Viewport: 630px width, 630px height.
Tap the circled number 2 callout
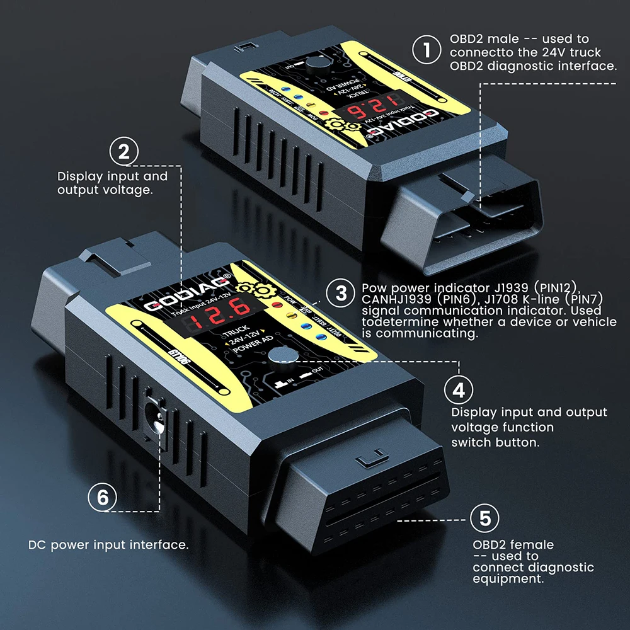[x=124, y=151]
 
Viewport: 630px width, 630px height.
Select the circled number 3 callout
[x=341, y=293]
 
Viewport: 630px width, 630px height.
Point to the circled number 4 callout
[x=459, y=389]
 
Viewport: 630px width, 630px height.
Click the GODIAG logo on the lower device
[x=189, y=290]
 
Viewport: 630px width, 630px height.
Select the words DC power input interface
[x=108, y=544]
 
